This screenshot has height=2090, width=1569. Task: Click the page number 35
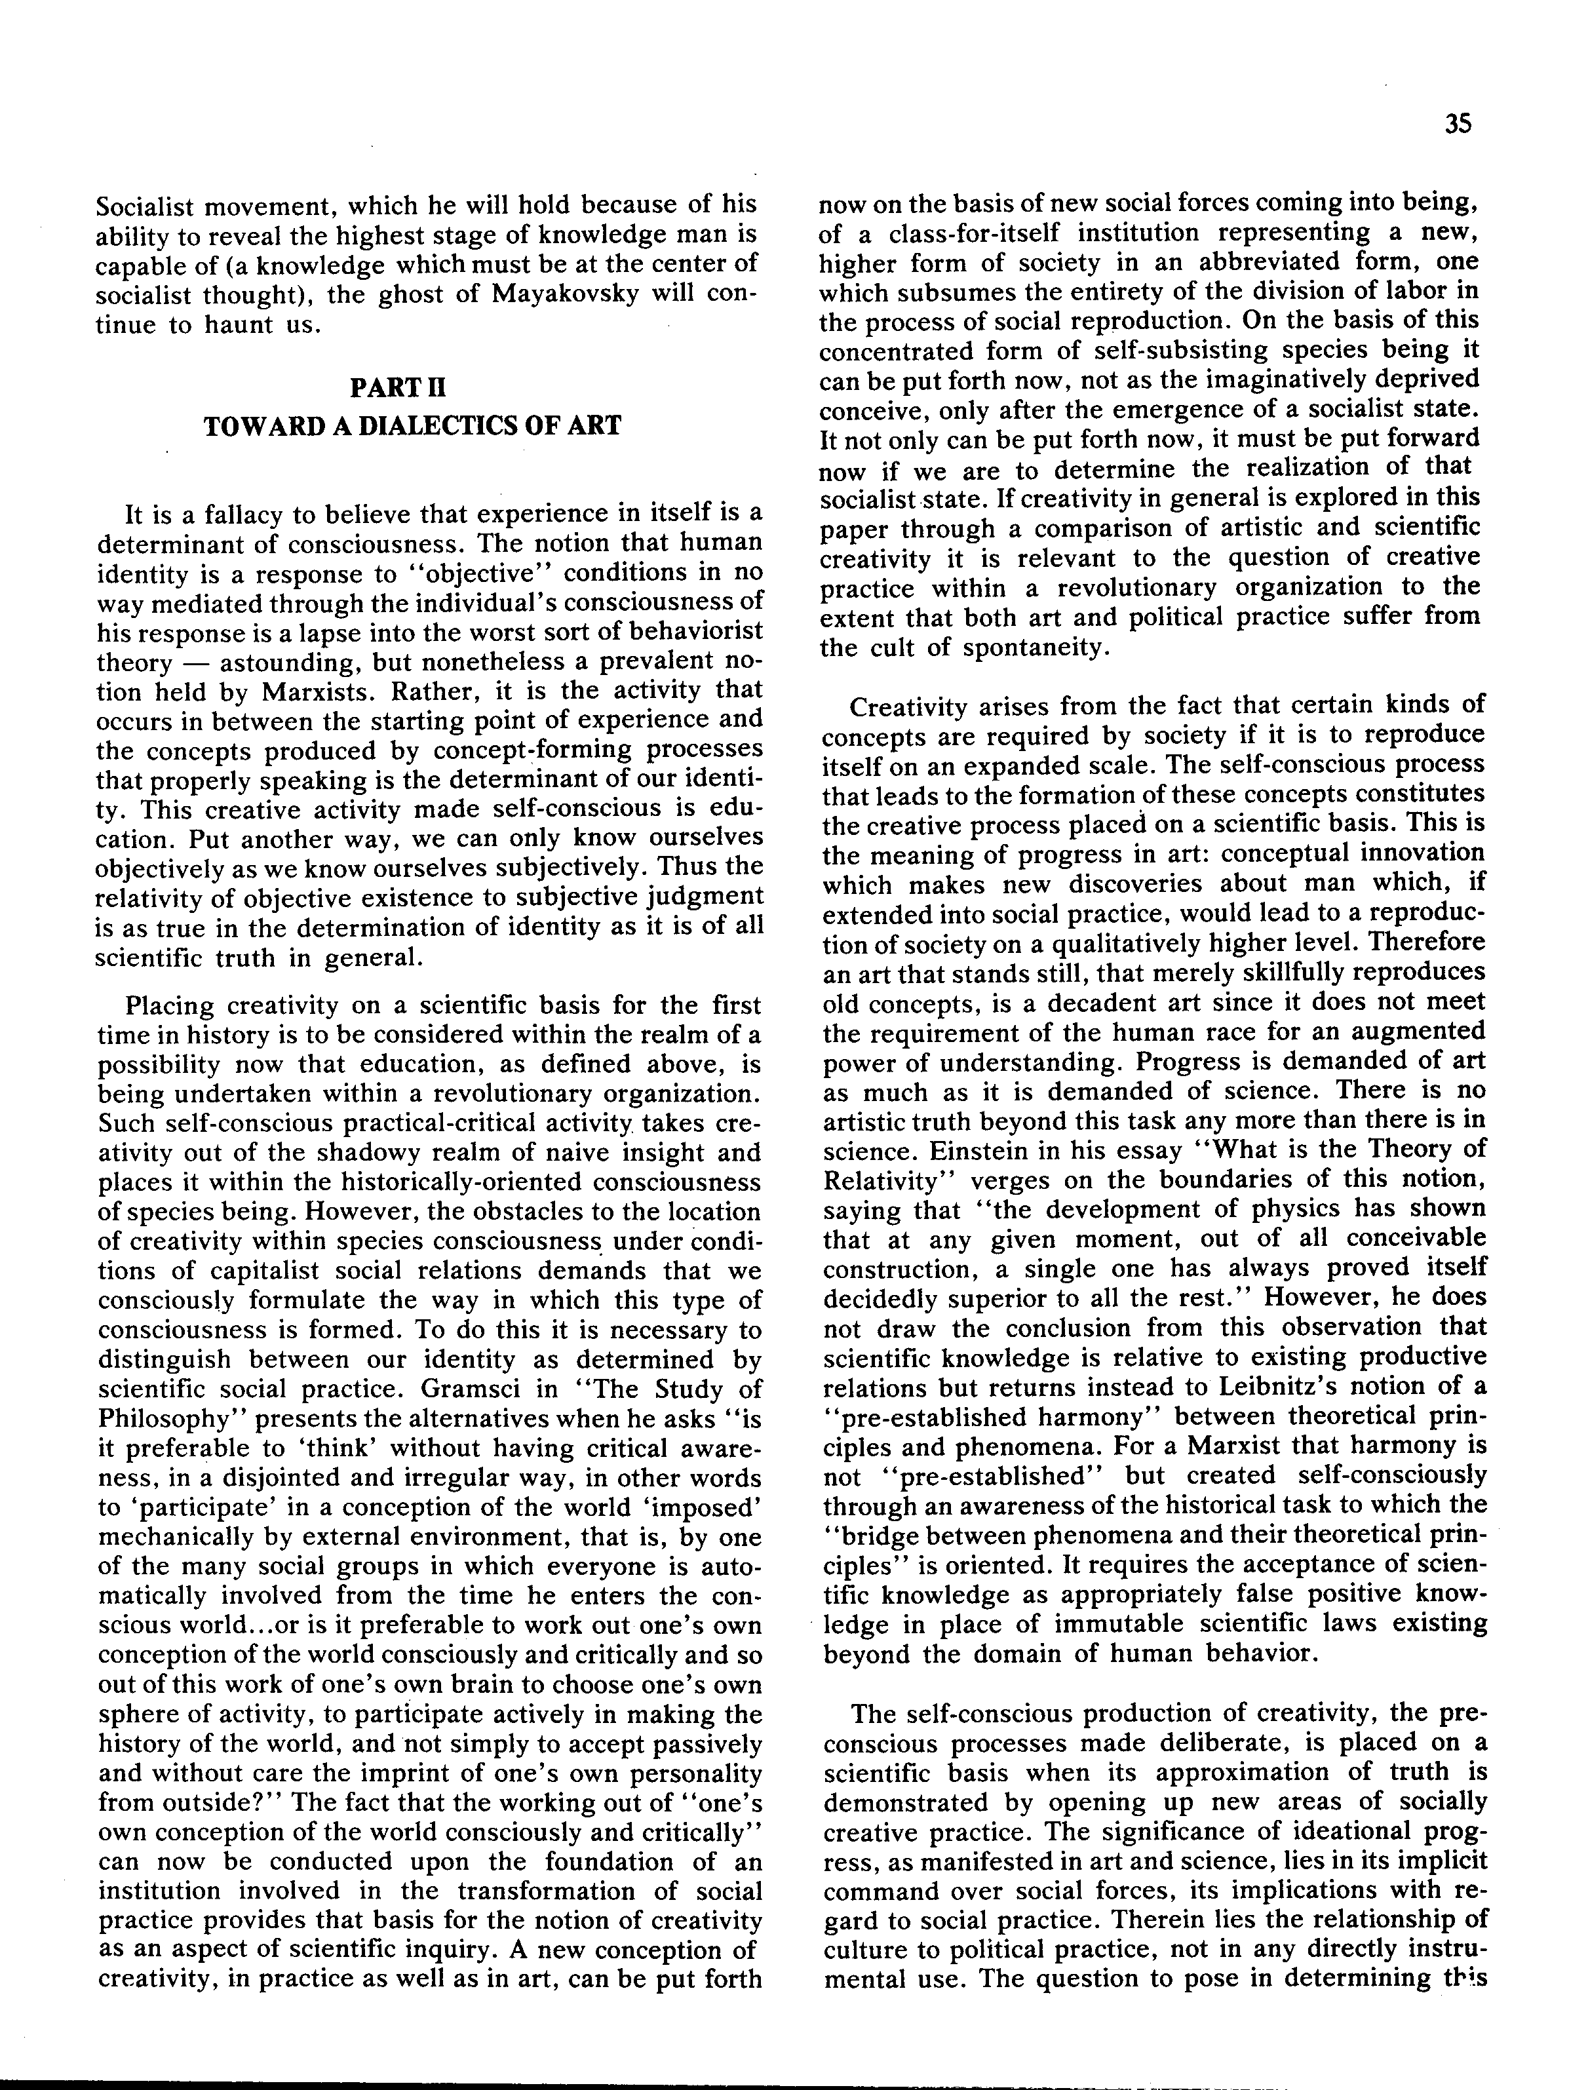1458,125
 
